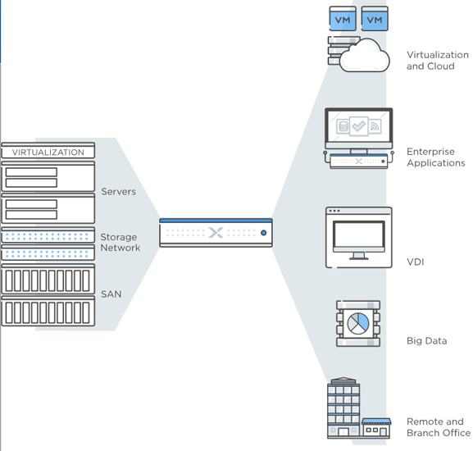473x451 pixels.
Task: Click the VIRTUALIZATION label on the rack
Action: (48, 152)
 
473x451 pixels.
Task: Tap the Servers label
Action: (118, 192)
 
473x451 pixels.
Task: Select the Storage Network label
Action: (120, 242)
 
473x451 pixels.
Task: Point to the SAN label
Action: (111, 294)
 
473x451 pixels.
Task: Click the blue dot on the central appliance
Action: (263, 233)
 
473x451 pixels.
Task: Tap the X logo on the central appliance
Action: (216, 233)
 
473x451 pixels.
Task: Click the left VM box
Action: (343, 19)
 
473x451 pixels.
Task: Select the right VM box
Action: (375, 19)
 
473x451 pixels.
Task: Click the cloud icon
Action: (365, 56)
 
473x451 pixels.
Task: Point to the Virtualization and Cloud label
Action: (438, 61)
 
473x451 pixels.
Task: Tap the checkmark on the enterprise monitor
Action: (359, 125)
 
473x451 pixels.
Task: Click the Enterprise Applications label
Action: (436, 157)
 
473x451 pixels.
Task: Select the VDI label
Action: (416, 262)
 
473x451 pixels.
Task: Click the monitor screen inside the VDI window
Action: (359, 235)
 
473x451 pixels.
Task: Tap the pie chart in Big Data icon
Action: (358, 323)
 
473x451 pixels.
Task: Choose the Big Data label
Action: (426, 341)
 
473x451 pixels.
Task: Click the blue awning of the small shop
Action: (376, 421)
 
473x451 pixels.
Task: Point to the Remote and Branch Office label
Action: (439, 427)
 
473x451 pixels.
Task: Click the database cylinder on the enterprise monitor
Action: (343, 126)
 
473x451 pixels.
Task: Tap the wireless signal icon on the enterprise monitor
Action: (375, 126)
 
